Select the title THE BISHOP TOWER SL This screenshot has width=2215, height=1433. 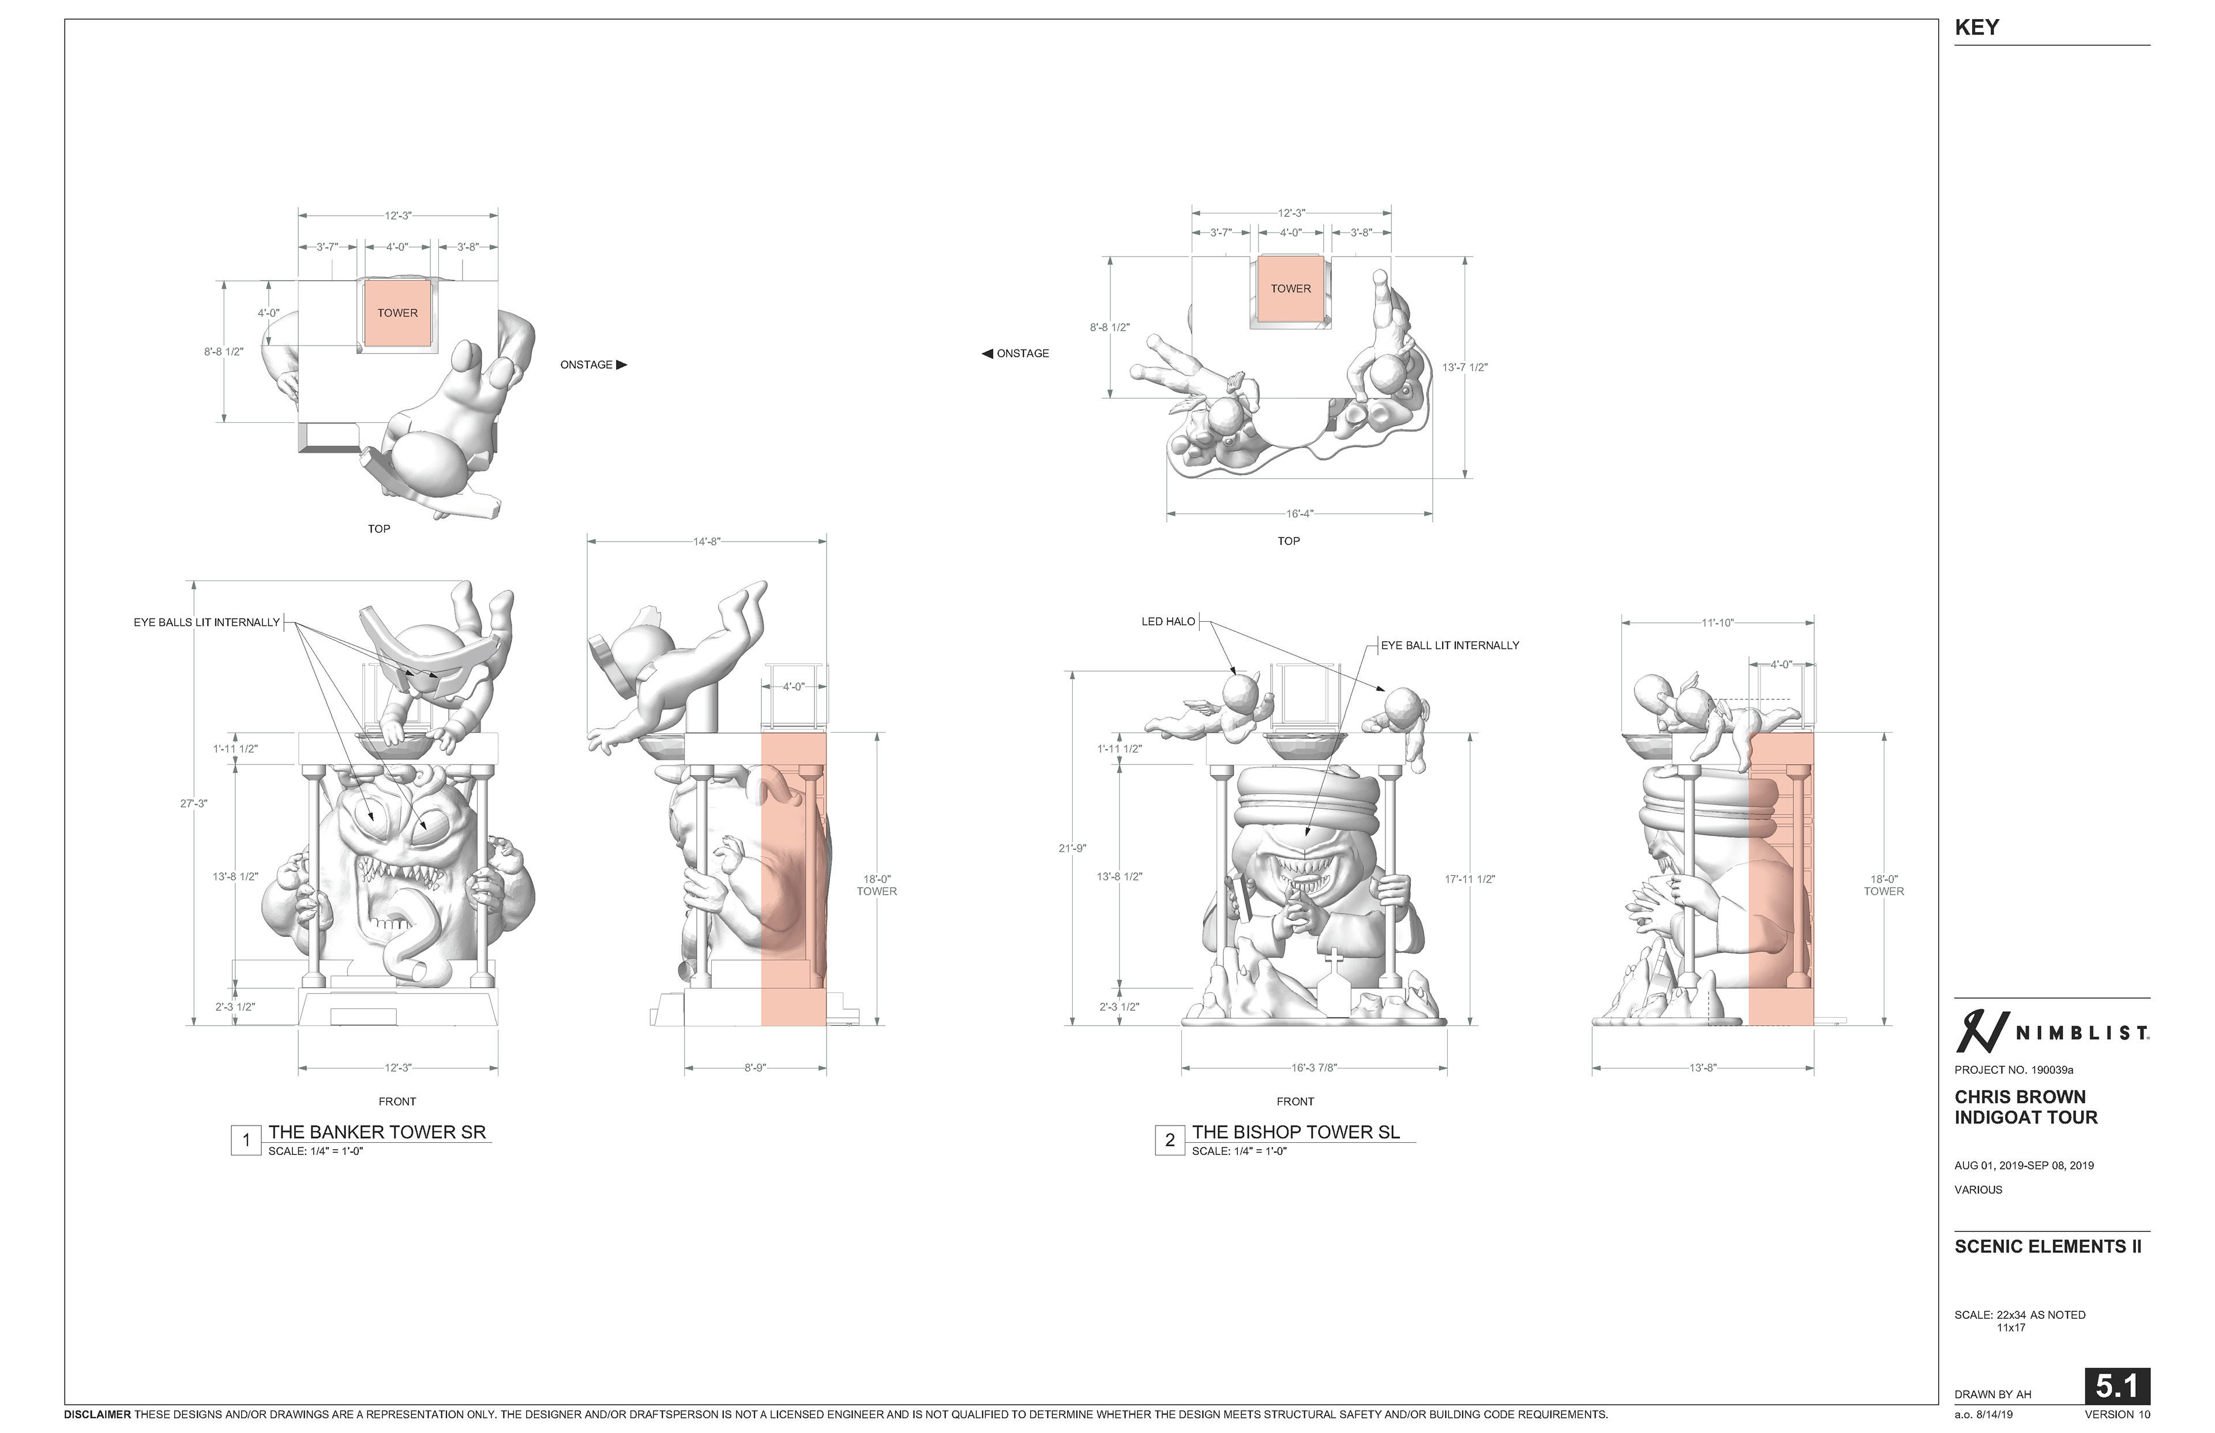tap(1296, 1131)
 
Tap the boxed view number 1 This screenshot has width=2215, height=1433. tap(246, 1140)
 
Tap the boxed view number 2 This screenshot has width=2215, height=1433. tap(1169, 1140)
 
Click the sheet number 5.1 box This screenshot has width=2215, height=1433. tap(2116, 1386)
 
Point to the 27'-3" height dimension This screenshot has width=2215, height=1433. tap(193, 803)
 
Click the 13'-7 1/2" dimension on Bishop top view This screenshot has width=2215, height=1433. tap(1464, 367)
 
